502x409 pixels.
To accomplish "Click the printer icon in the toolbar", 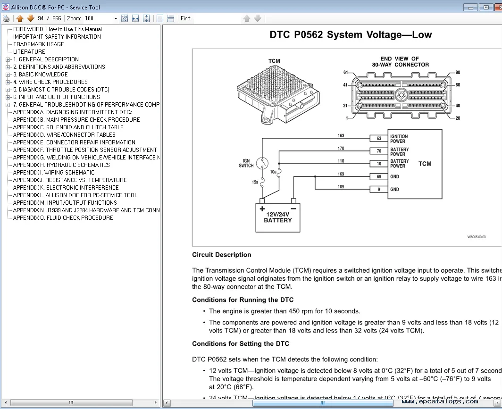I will (6, 18).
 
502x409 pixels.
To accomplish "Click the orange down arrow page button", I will (31, 18).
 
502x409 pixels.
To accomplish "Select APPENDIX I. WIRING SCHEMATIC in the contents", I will (54, 173).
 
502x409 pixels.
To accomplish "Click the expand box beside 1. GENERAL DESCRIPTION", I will (8, 59).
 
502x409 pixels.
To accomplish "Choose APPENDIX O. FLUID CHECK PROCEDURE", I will (63, 218).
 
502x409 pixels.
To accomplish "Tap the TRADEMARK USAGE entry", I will (39, 44).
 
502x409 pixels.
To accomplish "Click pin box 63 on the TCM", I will (378, 139).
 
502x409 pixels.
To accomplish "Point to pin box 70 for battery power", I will (378, 151).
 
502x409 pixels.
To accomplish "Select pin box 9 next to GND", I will (378, 189).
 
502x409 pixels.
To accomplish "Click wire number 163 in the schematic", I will (341, 136).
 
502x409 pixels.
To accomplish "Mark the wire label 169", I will (341, 174).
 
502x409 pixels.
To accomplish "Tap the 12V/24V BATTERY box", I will (277, 217).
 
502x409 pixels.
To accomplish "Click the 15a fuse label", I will (255, 182).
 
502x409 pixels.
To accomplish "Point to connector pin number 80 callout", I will (457, 73).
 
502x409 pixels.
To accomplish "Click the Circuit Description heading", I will (221, 255).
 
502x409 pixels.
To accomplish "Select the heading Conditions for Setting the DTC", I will (240, 344).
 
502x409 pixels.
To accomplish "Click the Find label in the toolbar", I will (186, 18).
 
